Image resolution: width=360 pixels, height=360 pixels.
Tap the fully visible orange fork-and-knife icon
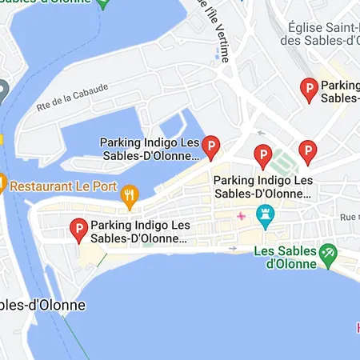(128, 194)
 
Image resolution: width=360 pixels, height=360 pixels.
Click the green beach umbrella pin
(326, 254)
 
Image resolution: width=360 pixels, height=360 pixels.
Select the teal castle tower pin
(265, 214)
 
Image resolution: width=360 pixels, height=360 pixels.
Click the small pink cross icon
(241, 217)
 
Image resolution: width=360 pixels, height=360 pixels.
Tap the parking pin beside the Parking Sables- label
(308, 90)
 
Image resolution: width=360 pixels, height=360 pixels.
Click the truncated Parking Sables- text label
(339, 91)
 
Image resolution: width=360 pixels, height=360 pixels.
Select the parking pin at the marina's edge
(210, 146)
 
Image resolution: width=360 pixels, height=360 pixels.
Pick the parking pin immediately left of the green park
(262, 155)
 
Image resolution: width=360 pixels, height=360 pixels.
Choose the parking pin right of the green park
(307, 150)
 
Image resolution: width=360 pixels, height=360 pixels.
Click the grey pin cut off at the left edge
(2, 90)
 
